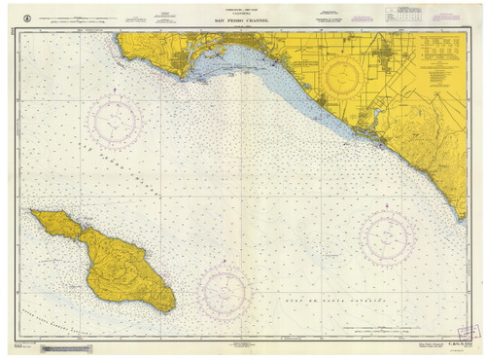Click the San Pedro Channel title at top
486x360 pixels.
[x=240, y=21]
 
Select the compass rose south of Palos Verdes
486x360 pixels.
[x=116, y=121]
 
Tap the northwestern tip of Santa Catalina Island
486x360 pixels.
[x=31, y=212]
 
